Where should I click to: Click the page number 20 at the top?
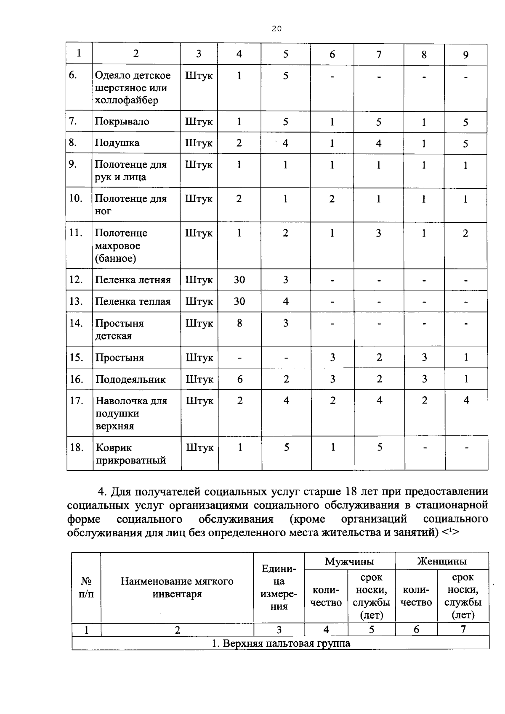click(x=276, y=29)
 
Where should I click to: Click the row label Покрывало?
click(x=122, y=121)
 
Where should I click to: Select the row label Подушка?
click(x=117, y=143)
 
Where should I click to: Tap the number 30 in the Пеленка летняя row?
click(x=239, y=280)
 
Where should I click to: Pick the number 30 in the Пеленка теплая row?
click(x=239, y=301)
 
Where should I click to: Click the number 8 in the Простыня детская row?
click(x=239, y=323)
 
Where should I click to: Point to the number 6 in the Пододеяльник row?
click(x=240, y=379)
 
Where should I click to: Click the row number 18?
click(x=77, y=447)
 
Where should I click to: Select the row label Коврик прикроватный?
click(x=130, y=454)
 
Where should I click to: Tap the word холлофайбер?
click(x=126, y=100)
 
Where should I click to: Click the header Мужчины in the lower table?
click(x=349, y=561)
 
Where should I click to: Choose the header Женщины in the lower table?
click(x=441, y=561)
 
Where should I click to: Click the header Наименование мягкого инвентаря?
click(x=177, y=588)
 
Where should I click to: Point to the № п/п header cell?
click(x=86, y=588)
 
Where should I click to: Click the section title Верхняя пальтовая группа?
click(x=280, y=643)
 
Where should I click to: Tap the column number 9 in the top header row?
click(x=465, y=55)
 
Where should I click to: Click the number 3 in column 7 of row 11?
click(x=379, y=233)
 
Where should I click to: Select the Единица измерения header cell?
click(x=279, y=588)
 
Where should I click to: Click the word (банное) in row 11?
click(x=116, y=258)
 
